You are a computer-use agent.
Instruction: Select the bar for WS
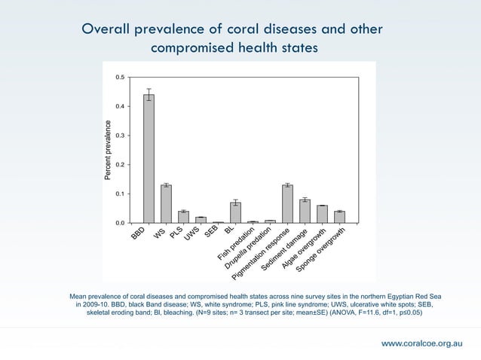pyautogui.click(x=166, y=204)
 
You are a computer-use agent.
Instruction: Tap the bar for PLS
pyautogui.click(x=183, y=217)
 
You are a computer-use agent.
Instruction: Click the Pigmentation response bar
pyautogui.click(x=287, y=204)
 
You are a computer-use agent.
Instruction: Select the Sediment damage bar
pyautogui.click(x=305, y=212)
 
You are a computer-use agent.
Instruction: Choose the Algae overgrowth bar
pyautogui.click(x=322, y=214)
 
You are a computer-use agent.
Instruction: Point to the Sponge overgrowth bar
pyautogui.click(x=339, y=217)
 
